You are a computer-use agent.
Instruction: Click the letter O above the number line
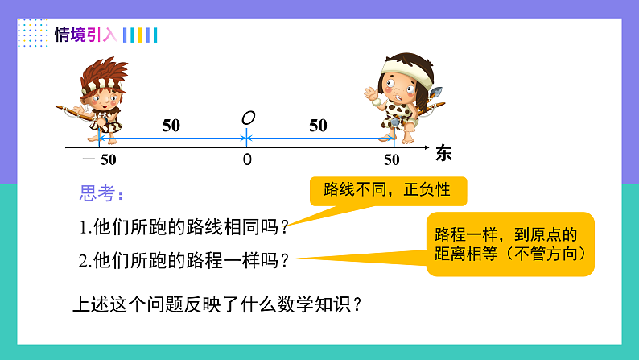(248, 118)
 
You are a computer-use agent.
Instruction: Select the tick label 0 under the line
(247, 159)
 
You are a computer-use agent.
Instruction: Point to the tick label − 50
(99, 159)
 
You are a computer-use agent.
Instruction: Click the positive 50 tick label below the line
(392, 159)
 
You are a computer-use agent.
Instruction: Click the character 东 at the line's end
(443, 153)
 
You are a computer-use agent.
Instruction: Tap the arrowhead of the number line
(426, 147)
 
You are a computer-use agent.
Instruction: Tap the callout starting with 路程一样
(509, 244)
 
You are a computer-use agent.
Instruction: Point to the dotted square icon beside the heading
(32, 33)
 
